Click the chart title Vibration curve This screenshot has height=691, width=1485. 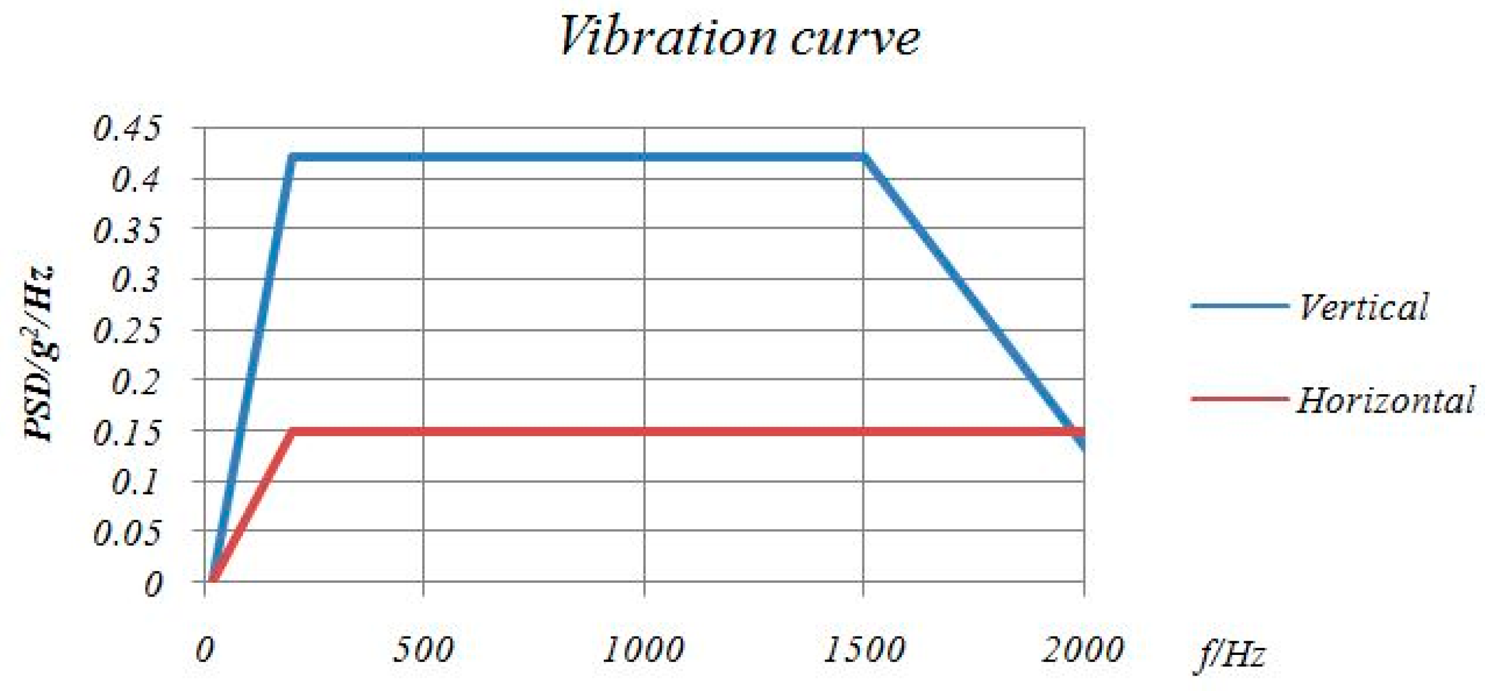click(739, 37)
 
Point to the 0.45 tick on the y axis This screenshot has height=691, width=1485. click(127, 128)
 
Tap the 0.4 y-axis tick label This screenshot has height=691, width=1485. click(136, 179)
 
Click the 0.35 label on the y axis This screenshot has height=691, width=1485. click(127, 230)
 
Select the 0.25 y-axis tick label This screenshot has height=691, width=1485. click(127, 331)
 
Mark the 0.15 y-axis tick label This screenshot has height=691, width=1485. click(127, 433)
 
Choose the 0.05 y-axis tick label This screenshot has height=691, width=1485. click(127, 533)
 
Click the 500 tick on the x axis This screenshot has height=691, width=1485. click(423, 649)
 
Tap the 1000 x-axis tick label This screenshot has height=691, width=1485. click(643, 649)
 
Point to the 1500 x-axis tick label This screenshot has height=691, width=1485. click(863, 649)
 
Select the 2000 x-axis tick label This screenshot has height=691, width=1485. click(1082, 649)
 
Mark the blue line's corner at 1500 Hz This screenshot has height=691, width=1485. click(864, 157)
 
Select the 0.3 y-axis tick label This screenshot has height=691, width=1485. click(136, 280)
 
